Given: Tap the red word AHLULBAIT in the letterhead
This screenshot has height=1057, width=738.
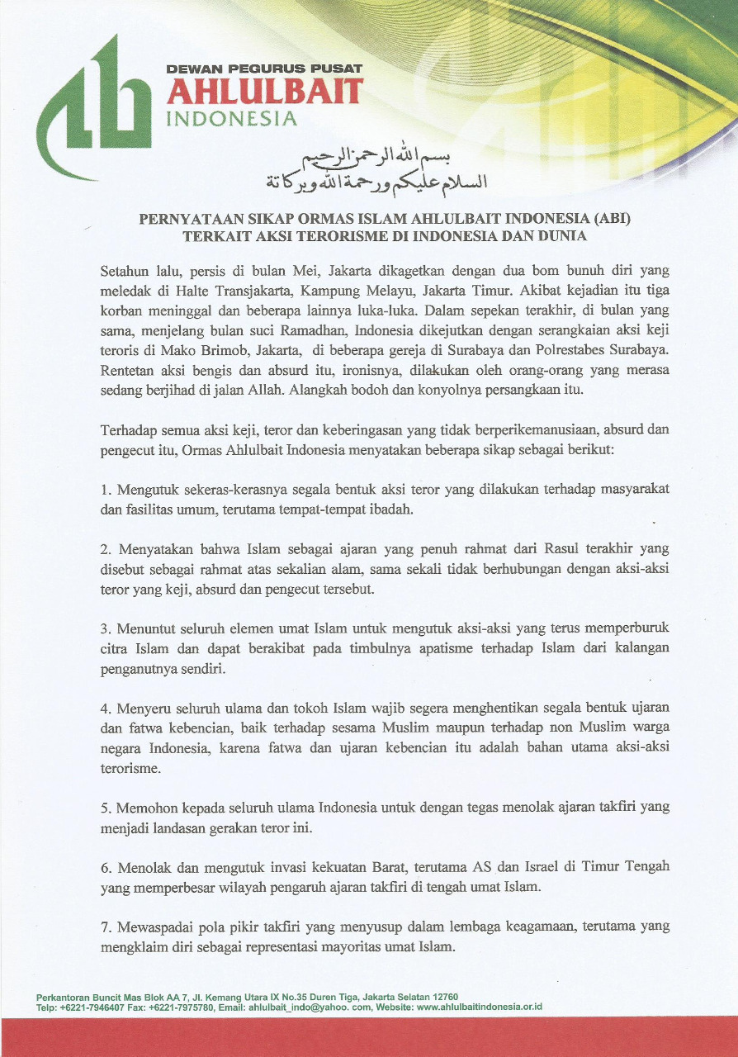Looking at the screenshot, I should [x=264, y=92].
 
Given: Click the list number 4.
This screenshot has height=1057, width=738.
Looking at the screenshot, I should [x=105, y=709].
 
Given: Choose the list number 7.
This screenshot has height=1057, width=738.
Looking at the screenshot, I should [x=105, y=927].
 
